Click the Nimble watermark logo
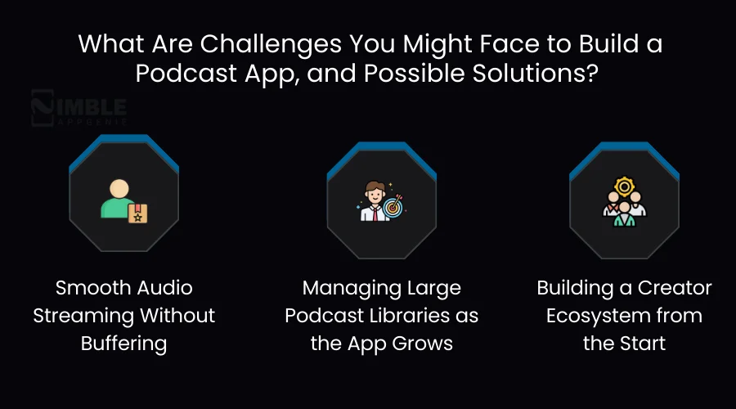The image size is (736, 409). [x=79, y=110]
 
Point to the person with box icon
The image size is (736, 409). [x=122, y=200]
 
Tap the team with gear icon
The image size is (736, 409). [x=624, y=200]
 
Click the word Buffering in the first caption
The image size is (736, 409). [x=123, y=343]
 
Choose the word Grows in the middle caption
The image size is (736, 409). [x=425, y=343]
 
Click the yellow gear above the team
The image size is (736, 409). [x=624, y=187]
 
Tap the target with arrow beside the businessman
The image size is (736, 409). [x=393, y=209]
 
